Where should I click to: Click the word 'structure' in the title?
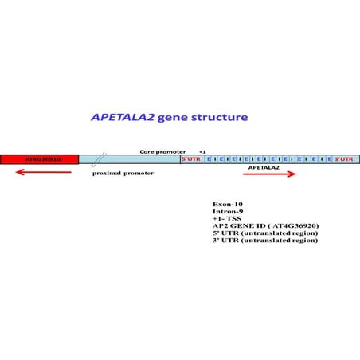[x=218, y=117]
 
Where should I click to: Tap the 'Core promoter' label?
[x=162, y=151]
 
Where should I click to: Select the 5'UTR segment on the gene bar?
[x=191, y=159]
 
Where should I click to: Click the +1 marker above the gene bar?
[x=202, y=151]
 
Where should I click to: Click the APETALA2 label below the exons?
[x=264, y=167]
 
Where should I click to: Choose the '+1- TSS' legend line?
[x=229, y=219]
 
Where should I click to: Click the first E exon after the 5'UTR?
[x=209, y=159]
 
